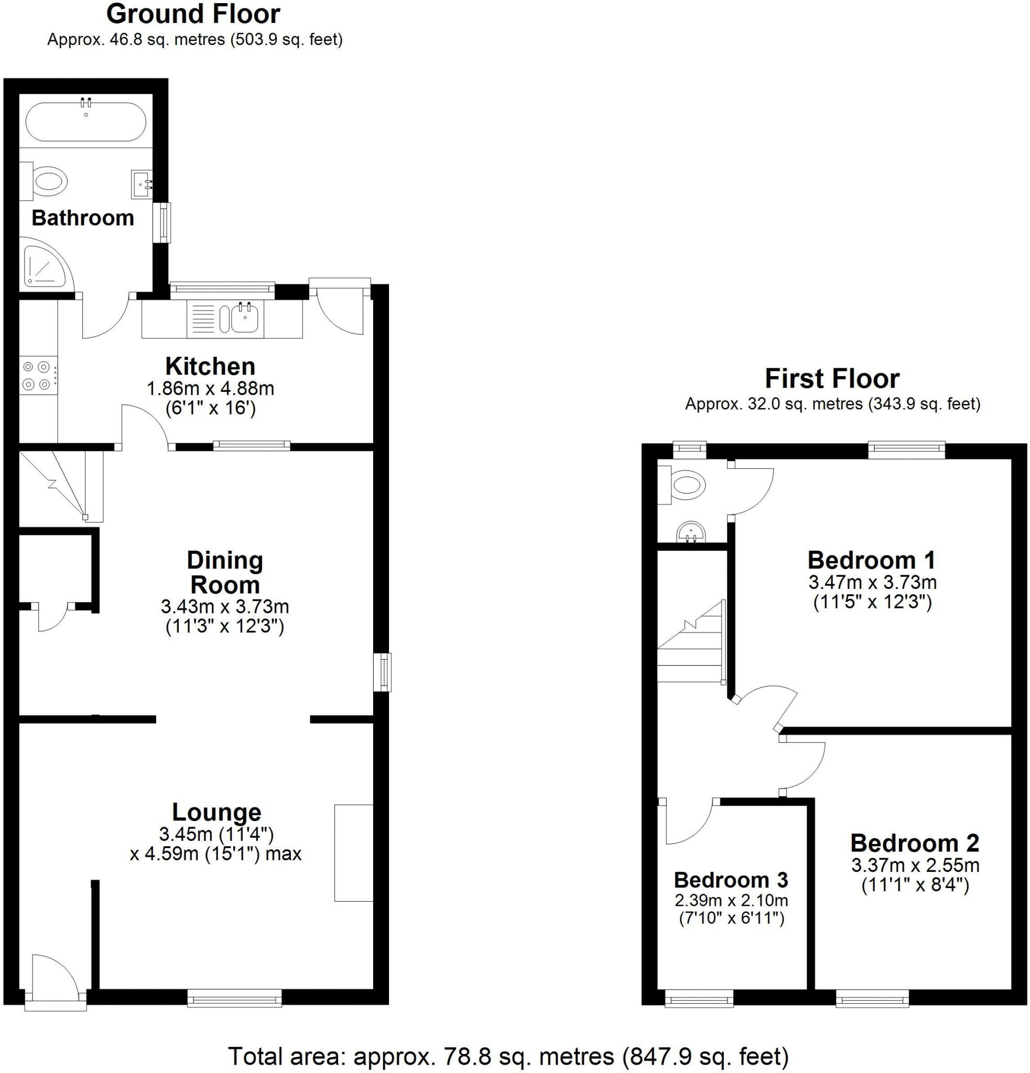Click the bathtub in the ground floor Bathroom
point(86,122)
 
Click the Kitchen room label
point(210,366)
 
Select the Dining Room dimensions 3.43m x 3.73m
point(224,607)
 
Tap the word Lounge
point(216,812)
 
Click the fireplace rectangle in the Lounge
point(353,852)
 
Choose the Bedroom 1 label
point(871,560)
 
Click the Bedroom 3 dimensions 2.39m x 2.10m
point(731,900)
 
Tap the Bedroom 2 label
point(915,842)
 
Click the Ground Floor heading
point(193,14)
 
